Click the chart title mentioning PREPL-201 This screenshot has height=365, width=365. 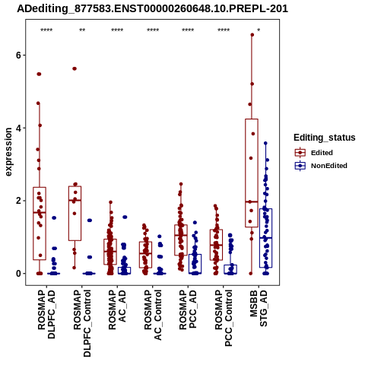pos(152,8)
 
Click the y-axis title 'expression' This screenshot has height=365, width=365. pos(8,152)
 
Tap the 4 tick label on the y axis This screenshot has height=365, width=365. pos(18,128)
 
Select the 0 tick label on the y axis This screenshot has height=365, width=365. pos(18,274)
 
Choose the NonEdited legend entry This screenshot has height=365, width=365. pos(321,166)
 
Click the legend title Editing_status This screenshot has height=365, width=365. pos(325,138)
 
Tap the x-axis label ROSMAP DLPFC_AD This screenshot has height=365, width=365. pos(46,314)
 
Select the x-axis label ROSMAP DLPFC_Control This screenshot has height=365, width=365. pos(82,323)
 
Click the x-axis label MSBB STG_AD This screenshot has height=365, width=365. pos(259,308)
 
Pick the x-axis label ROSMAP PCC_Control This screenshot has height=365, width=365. pos(224,318)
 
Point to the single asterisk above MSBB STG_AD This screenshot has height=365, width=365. pos(259,30)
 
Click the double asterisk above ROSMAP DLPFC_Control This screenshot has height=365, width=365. pos(82,30)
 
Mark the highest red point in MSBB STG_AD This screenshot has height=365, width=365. pos(252,35)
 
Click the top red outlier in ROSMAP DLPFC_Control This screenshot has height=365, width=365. pos(75,68)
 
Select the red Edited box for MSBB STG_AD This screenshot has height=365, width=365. pos(252,173)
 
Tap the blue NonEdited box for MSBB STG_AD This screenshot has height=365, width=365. pos(265,238)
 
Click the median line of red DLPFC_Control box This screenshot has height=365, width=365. pos(75,200)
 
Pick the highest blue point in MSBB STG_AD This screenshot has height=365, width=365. pos(265,143)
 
